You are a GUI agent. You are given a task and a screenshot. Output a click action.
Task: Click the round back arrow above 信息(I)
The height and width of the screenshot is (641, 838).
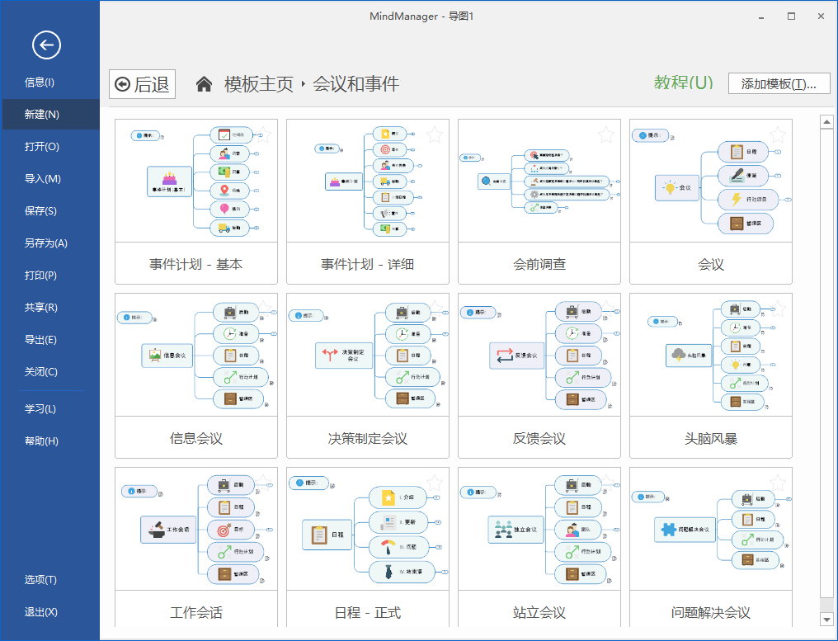(x=46, y=45)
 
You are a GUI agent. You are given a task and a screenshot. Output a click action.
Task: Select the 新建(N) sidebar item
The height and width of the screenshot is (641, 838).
(x=41, y=115)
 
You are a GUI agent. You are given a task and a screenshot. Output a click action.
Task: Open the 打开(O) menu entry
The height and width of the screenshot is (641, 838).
(x=41, y=147)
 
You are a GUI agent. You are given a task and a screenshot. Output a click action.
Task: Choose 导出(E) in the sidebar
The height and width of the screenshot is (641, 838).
(x=40, y=340)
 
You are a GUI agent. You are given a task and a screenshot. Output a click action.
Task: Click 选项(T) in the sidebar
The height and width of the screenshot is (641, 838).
(x=40, y=580)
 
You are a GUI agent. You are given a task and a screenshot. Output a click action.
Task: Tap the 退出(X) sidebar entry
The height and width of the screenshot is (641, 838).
(x=40, y=612)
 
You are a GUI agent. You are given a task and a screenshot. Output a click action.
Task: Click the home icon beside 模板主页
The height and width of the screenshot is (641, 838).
(x=205, y=83)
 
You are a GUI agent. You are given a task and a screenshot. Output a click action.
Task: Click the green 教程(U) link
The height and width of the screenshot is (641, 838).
(x=683, y=82)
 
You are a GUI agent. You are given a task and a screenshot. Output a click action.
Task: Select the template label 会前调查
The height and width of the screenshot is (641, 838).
(x=539, y=265)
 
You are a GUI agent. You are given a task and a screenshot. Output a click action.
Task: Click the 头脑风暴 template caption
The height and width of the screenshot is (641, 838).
(x=710, y=439)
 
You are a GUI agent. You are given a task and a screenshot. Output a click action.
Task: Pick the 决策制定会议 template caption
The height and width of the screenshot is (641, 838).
(x=368, y=439)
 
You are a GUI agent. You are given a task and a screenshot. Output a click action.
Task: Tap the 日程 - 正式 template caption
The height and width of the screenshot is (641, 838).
(x=368, y=613)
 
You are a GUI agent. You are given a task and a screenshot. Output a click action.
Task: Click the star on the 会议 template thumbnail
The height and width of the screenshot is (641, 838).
(x=778, y=134)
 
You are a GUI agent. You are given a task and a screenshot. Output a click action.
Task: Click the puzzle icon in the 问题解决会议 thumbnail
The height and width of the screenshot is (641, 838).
(x=666, y=529)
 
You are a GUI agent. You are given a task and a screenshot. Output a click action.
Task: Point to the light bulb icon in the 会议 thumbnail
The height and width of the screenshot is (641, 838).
(x=668, y=187)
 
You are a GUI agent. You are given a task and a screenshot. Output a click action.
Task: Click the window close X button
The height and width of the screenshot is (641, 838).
(x=821, y=16)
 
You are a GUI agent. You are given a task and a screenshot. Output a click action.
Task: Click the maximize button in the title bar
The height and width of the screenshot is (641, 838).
(x=791, y=16)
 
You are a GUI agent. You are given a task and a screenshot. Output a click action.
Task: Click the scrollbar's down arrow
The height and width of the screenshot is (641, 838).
(x=826, y=619)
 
